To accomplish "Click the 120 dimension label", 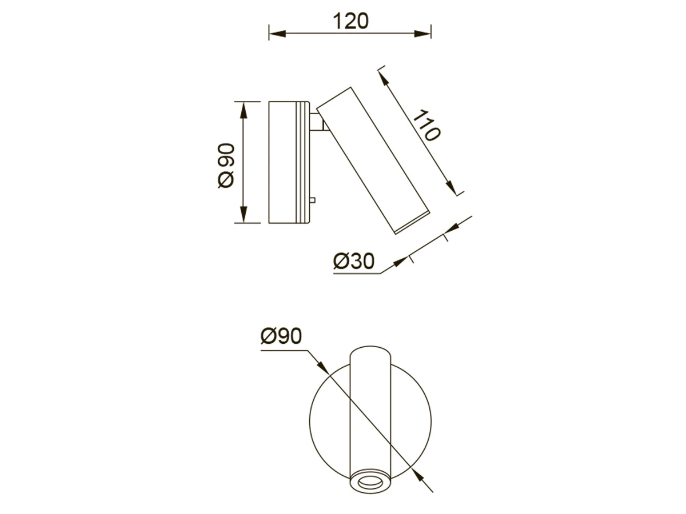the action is click(x=350, y=21).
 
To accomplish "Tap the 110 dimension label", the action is click(x=427, y=125).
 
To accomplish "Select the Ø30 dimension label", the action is click(x=353, y=261).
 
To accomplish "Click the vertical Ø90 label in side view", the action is click(x=226, y=166).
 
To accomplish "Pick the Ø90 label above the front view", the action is click(x=281, y=336).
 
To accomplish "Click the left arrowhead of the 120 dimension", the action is click(x=277, y=33).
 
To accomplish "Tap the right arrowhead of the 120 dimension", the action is click(x=423, y=33).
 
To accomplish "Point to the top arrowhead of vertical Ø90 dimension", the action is click(x=244, y=110).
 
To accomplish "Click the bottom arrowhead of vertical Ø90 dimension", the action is click(x=244, y=215).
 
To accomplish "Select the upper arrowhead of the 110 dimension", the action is click(x=384, y=78).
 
